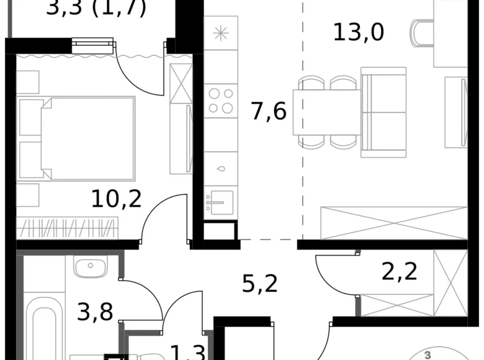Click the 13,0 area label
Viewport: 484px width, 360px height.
click(359, 31)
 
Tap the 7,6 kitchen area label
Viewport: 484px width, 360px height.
click(269, 112)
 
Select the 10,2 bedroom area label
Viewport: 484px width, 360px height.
click(117, 199)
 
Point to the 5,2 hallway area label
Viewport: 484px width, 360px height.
click(260, 284)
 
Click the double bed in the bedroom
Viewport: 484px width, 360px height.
click(87, 137)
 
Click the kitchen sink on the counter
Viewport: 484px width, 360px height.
click(220, 201)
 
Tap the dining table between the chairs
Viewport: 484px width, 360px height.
click(326, 112)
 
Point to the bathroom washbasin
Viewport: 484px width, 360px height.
click(91, 267)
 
